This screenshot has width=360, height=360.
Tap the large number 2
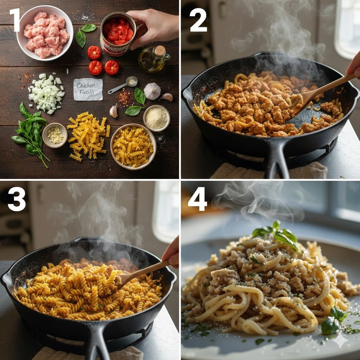click(x=198, y=20)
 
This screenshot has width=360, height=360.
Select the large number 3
click(x=17, y=199)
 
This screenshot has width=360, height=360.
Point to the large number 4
click(x=198, y=199)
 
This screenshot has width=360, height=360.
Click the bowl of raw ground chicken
click(x=45, y=33)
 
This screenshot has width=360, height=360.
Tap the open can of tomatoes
click(x=118, y=34)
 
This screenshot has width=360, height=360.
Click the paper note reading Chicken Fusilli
click(x=88, y=89)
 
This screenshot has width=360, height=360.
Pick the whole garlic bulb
click(x=152, y=91)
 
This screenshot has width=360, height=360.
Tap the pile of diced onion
click(x=46, y=93)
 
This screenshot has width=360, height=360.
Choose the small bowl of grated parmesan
click(x=156, y=118)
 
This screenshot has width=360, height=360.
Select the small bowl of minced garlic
click(x=55, y=135)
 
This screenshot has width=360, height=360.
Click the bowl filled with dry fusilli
click(x=133, y=147)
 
